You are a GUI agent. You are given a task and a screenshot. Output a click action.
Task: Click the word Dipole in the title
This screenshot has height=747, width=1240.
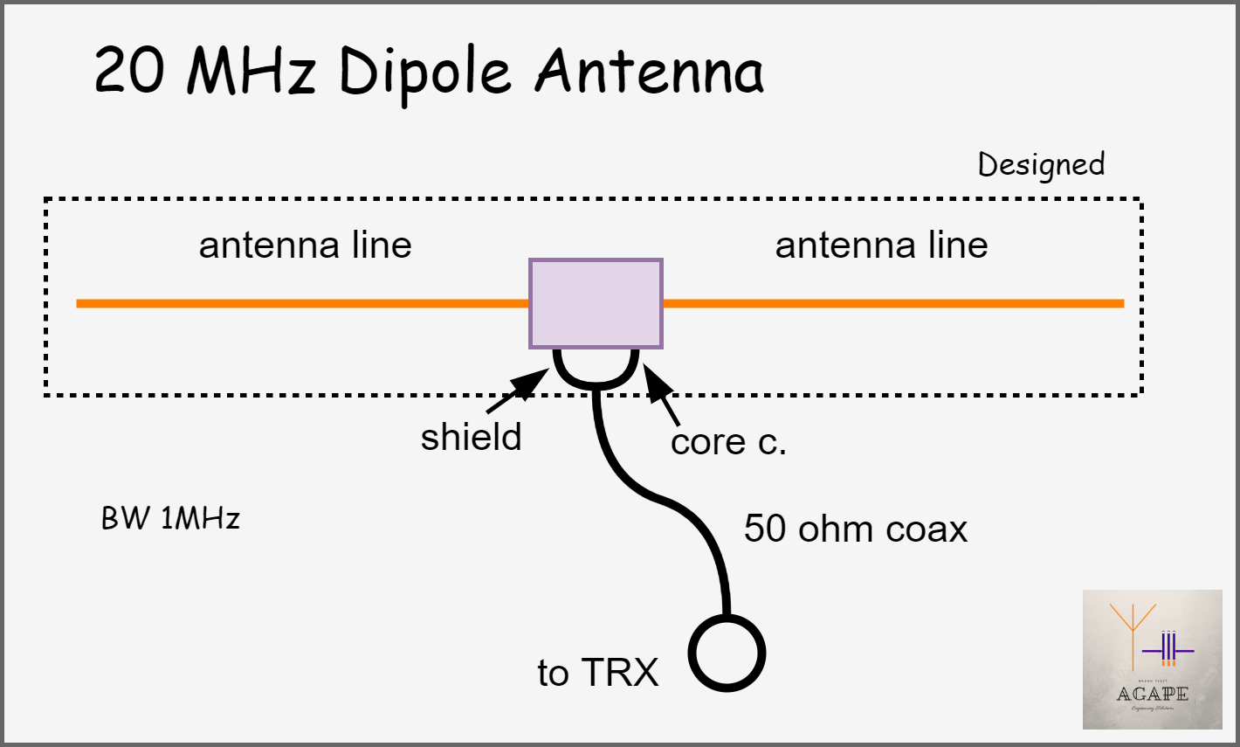(424, 72)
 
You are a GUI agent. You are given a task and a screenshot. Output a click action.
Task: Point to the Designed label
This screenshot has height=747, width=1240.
(1041, 164)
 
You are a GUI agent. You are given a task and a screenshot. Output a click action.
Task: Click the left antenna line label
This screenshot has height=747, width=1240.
(305, 246)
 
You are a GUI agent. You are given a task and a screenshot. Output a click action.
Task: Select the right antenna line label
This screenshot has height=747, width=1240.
(881, 246)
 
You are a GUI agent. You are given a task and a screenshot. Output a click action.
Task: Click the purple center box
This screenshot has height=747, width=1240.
(596, 303)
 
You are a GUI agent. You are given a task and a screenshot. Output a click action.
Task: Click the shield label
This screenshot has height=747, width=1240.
(471, 437)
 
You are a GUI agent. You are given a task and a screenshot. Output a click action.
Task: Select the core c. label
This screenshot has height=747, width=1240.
(728, 442)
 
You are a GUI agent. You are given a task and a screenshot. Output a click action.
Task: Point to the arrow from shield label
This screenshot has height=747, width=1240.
(519, 390)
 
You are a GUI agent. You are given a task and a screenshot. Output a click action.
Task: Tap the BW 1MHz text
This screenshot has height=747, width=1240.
(170, 519)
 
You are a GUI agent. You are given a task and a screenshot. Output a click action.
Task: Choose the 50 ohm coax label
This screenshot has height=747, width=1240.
(856, 529)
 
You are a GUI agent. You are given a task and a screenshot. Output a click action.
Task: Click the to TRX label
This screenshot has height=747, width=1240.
(597, 673)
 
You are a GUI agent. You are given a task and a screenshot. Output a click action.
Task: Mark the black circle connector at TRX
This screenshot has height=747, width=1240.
(727, 654)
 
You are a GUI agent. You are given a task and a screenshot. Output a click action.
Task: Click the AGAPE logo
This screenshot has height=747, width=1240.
(1152, 660)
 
